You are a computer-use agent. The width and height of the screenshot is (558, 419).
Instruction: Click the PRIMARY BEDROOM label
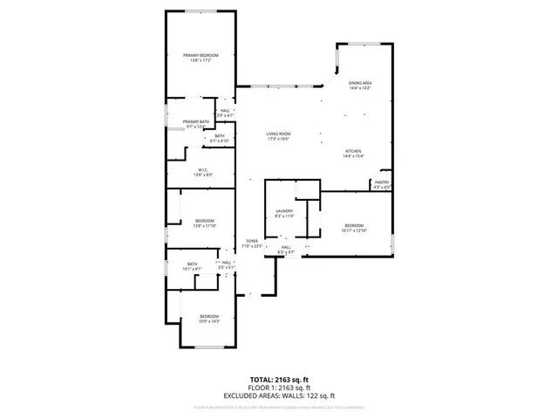tap(201, 56)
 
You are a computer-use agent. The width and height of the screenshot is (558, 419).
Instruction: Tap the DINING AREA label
tap(360, 83)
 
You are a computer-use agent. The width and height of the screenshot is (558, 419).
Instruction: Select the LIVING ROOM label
tap(278, 134)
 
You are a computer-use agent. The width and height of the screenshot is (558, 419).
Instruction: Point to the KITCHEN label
tap(353, 151)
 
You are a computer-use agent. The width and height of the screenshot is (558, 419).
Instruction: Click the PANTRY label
tap(382, 182)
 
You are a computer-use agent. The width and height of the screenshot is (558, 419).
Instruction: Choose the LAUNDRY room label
tap(284, 211)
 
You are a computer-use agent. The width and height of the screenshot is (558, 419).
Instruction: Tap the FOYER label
tap(252, 241)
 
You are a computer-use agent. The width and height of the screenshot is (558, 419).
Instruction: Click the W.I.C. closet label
tap(201, 170)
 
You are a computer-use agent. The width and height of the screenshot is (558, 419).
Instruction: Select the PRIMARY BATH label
tap(196, 121)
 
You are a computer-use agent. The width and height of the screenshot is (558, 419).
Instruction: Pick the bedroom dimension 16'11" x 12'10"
tap(356, 230)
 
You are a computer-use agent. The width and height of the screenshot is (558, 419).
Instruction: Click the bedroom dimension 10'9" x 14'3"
tap(209, 321)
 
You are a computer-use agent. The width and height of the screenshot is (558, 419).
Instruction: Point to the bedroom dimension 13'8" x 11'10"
tap(204, 226)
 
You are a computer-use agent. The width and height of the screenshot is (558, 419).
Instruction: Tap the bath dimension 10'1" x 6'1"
tap(192, 269)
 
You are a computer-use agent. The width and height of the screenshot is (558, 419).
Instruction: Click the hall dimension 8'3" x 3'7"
tap(285, 252)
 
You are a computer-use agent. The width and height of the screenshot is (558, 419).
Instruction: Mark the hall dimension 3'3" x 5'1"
tap(226, 268)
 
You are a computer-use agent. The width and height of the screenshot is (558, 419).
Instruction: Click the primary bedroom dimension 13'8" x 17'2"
tap(201, 61)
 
